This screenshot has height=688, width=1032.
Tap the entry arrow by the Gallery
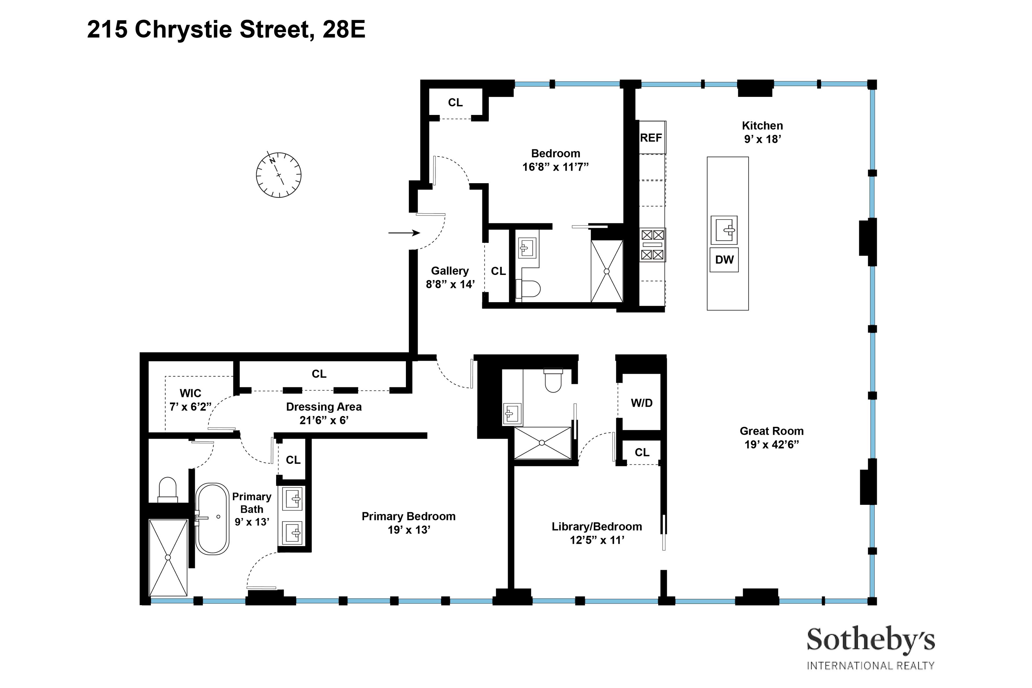pyautogui.click(x=404, y=233)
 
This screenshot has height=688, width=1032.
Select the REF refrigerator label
pyautogui.click(x=651, y=138)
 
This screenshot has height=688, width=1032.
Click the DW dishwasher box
pyautogui.click(x=724, y=260)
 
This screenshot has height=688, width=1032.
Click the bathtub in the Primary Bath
pyautogui.click(x=212, y=519)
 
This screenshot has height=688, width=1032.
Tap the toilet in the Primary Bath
pyautogui.click(x=167, y=490)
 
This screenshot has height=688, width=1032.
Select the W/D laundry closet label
pyautogui.click(x=642, y=403)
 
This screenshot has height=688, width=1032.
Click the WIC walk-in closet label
pyautogui.click(x=190, y=393)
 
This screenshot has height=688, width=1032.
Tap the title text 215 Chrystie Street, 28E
pyautogui.click(x=226, y=30)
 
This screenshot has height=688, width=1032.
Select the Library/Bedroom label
pyautogui.click(x=597, y=527)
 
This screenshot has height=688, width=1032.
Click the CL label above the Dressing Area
pyautogui.click(x=319, y=374)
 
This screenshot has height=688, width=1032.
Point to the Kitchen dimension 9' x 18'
pyautogui.click(x=762, y=139)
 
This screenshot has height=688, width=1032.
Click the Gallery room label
pyautogui.click(x=450, y=271)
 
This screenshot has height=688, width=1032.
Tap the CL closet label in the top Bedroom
pyautogui.click(x=455, y=102)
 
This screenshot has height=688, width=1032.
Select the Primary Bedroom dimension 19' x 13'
pyautogui.click(x=408, y=530)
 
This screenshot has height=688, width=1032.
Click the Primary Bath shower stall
pyautogui.click(x=168, y=557)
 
